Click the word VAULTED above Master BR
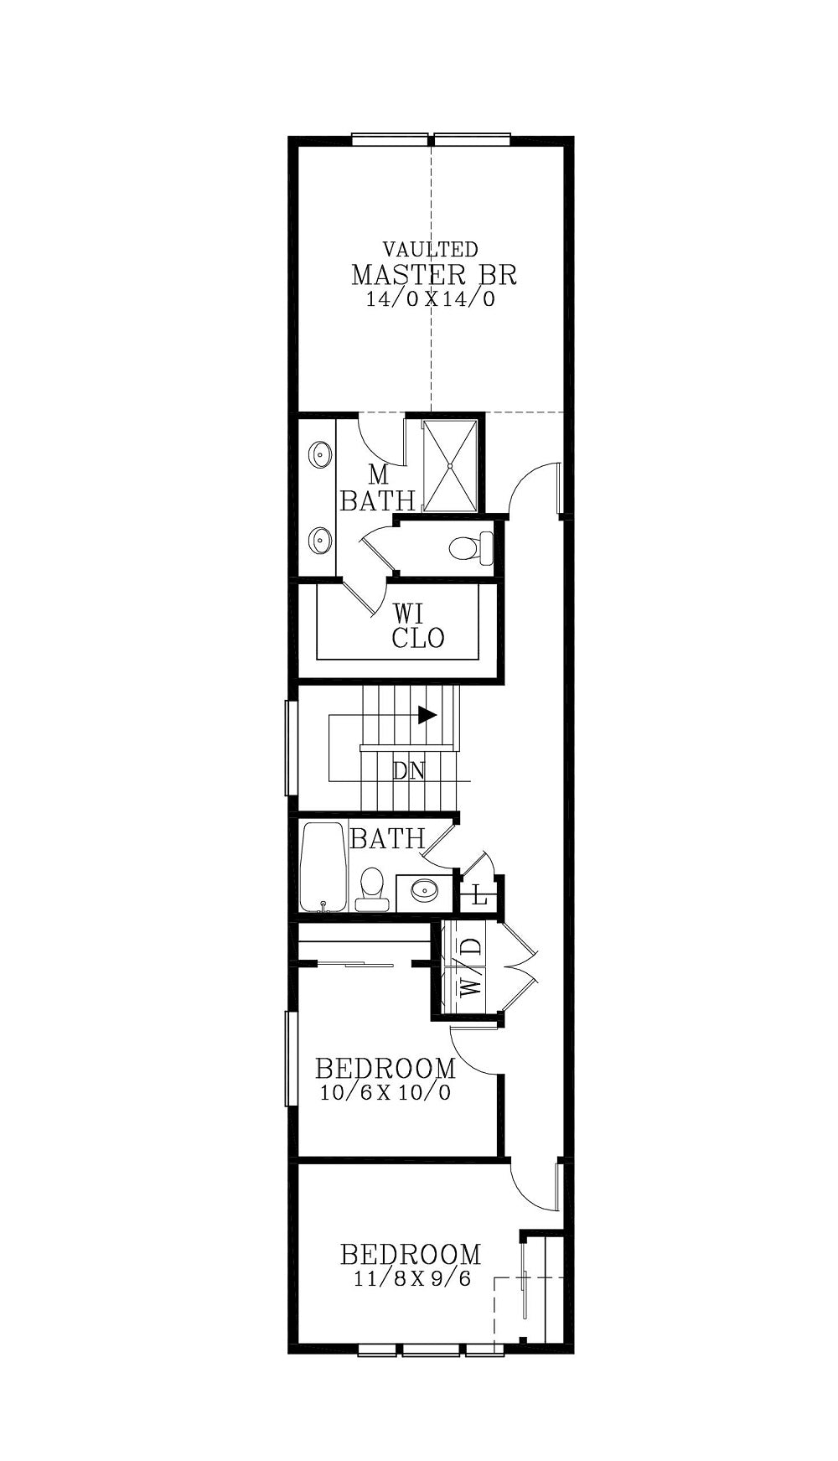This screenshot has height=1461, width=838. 431,249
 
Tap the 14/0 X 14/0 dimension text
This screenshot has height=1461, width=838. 431,299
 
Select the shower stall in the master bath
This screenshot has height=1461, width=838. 451,465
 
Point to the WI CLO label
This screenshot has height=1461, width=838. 418,625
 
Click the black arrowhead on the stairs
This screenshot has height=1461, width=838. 427,715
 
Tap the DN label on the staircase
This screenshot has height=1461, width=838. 409,770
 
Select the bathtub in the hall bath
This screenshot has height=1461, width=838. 323,867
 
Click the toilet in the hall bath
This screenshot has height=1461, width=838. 371,889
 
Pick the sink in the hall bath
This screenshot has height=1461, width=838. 424,889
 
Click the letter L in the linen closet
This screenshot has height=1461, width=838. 479,896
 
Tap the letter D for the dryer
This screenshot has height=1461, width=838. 473,947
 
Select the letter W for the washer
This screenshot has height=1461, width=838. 472,982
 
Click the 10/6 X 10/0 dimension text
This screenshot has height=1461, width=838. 385,1093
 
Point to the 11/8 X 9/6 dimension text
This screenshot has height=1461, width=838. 411,1279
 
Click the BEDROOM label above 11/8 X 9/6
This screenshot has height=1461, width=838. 411,1255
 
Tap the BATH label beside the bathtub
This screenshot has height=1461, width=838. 387,838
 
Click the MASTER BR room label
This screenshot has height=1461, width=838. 433,274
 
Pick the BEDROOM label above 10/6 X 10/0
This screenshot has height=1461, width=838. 385,1069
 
